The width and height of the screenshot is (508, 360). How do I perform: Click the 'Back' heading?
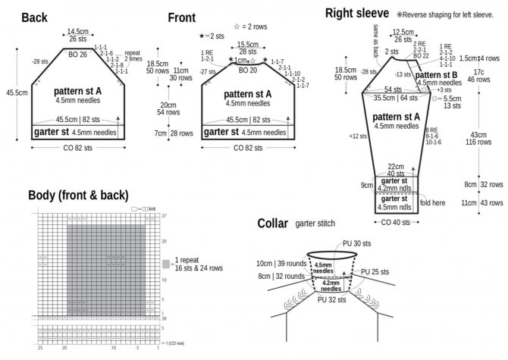tap(35, 18)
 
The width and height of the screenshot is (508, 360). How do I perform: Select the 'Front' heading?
tap(182, 18)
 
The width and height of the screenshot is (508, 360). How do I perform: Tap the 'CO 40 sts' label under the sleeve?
tap(394, 222)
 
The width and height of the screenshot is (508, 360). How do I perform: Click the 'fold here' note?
tap(432, 203)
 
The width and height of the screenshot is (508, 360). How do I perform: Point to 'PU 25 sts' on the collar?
tap(375, 271)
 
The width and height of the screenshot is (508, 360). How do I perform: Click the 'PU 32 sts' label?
tap(331, 300)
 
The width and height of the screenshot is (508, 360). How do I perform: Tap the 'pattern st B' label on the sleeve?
tap(437, 75)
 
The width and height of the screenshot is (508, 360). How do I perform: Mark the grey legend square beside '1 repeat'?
tap(166, 264)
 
